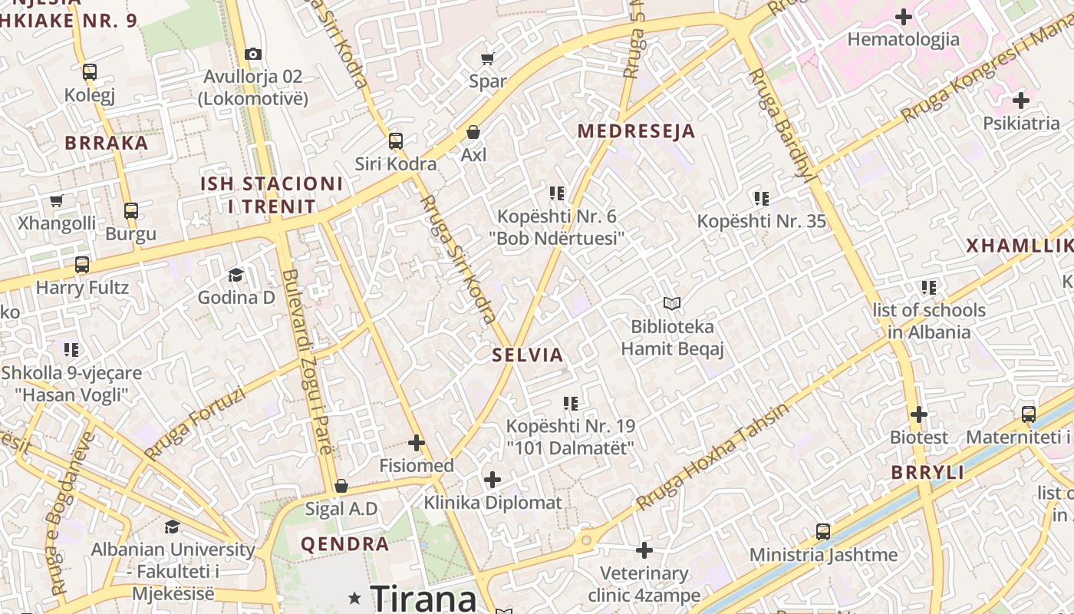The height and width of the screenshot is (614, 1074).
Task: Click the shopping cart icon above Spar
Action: coord(487,58)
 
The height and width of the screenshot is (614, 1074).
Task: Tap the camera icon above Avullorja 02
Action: coord(253,54)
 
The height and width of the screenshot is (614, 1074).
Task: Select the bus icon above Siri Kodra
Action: coord(396,141)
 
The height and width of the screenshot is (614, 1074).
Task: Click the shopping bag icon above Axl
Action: coord(473,132)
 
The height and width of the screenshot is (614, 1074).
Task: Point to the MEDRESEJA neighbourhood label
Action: coord(636,131)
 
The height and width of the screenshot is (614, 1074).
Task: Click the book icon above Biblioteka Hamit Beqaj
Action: coord(672,304)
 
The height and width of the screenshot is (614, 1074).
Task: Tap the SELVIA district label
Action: coord(528,355)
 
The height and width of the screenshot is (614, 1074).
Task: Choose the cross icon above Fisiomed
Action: coord(417,443)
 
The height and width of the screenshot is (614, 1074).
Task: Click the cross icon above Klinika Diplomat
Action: coord(493,480)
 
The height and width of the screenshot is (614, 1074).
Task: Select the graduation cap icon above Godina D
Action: coord(236,275)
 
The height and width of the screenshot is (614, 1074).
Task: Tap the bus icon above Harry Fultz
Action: coord(82,265)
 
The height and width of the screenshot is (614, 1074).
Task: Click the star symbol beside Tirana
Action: coord(354,597)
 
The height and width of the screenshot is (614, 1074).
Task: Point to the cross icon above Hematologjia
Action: coord(904,16)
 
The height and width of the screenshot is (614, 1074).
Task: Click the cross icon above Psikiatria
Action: coord(1021,100)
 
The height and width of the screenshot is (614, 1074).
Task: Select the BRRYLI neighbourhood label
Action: coord(927,473)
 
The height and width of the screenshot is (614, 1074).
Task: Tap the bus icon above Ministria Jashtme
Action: coord(823,531)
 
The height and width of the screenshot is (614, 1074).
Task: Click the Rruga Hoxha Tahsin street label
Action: coord(712,457)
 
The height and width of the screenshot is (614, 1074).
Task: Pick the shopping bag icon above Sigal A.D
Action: coord(341,486)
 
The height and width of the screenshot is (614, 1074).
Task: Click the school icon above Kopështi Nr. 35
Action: coord(761,199)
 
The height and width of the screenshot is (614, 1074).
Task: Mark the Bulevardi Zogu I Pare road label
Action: coord(308,361)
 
